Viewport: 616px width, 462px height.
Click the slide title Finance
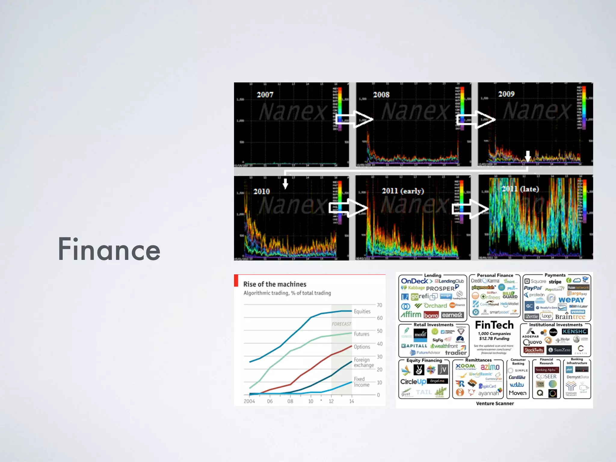coord(109,249)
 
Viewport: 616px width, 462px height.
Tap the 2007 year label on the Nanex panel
coord(265,95)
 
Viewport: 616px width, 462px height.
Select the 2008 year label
coord(381,95)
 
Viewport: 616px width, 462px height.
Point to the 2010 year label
coord(261,192)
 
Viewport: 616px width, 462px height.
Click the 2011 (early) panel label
coord(403,191)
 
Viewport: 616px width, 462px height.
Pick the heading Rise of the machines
coord(275,284)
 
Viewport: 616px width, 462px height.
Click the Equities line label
coord(362,312)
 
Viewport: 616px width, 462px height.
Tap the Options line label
coord(362,347)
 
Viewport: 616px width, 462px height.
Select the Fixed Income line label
coord(362,382)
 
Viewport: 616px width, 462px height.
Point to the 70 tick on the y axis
coord(380,305)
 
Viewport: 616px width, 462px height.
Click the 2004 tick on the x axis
coord(249,401)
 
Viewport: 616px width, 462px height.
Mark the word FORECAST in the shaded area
coord(341,324)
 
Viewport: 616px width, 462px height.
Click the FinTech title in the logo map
coord(494,325)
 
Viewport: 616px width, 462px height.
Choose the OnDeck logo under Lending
coord(415,281)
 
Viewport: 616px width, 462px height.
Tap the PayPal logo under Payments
coord(533,288)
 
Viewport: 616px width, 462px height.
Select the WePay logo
coord(571,300)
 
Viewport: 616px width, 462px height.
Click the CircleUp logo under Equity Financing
coord(413,382)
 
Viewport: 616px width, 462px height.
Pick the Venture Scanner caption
coord(495,404)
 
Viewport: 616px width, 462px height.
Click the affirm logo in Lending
coord(411,315)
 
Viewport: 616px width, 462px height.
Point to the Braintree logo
coord(570,317)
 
